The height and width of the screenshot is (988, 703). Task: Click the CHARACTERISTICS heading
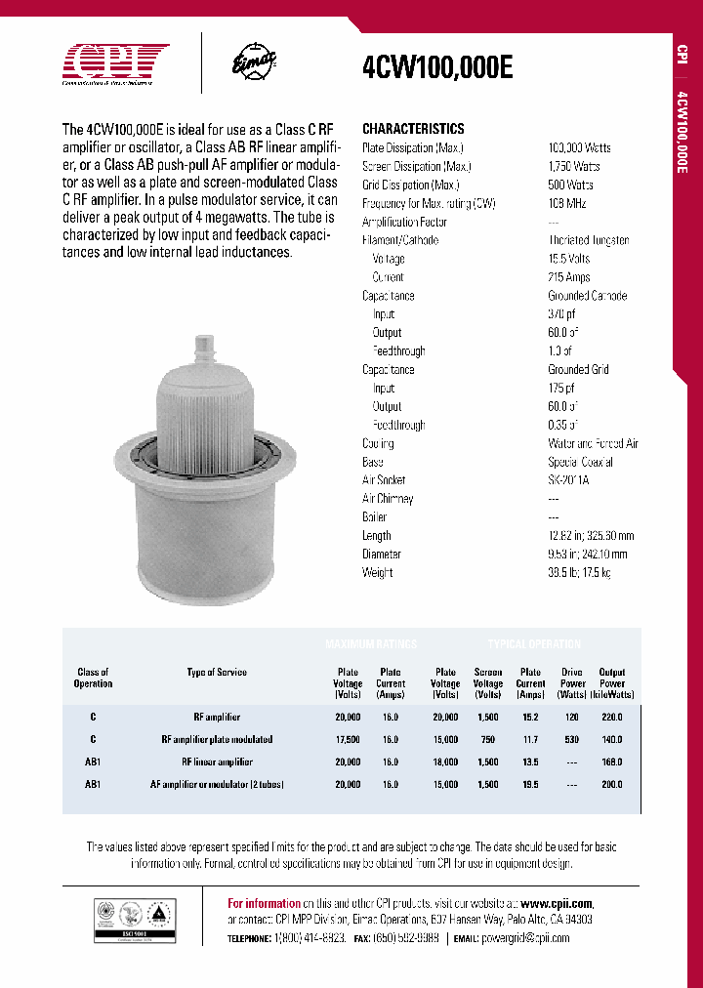tap(413, 129)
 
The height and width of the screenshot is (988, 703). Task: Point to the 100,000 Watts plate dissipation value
tap(579, 147)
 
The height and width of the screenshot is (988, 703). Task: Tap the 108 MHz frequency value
tap(565, 203)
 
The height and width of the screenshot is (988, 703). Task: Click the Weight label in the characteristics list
tap(377, 573)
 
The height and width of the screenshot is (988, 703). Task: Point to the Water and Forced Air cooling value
tap(593, 443)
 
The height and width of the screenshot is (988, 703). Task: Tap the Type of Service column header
tap(217, 672)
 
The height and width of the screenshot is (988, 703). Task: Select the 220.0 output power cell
tap(612, 717)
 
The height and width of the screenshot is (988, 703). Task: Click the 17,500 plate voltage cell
tap(347, 739)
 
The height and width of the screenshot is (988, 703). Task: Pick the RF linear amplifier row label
tap(217, 762)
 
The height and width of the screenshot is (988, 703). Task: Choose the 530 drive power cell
tap(573, 739)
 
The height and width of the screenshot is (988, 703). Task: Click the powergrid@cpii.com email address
tap(525, 937)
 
